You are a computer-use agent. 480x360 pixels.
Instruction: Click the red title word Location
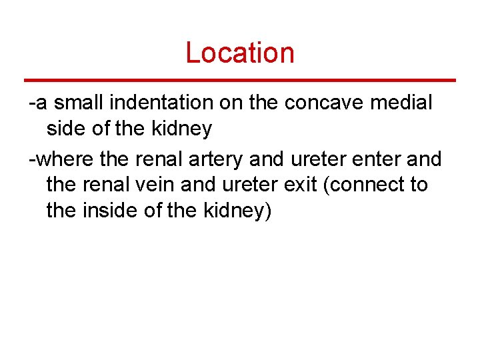click(239, 53)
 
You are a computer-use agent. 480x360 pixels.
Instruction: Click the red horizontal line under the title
click(239, 80)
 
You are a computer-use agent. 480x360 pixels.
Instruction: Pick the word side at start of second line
click(66, 129)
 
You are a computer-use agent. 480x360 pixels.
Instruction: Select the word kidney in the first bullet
click(182, 129)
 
